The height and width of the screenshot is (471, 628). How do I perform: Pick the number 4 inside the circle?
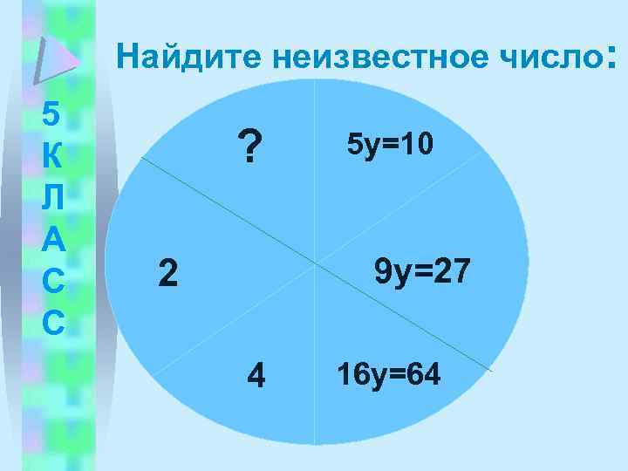(x=256, y=376)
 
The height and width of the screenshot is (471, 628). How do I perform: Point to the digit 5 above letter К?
(x=51, y=114)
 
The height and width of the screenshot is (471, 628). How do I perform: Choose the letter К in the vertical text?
(x=51, y=157)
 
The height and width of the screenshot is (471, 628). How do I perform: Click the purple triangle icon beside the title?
(x=54, y=59)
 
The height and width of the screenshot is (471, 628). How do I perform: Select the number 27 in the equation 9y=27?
(x=451, y=271)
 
